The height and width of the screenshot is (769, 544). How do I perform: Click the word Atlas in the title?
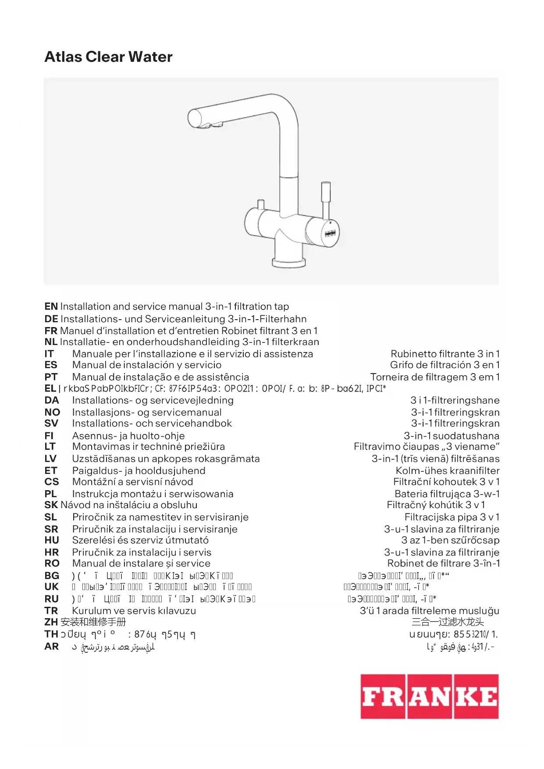pyautogui.click(x=63, y=57)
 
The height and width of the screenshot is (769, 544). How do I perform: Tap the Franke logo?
pyautogui.click(x=429, y=696)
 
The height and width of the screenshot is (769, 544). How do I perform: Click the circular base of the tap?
pyautogui.click(x=288, y=263)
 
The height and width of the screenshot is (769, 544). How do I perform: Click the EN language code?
pyautogui.click(x=51, y=306)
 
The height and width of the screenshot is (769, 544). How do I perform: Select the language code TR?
pyautogui.click(x=51, y=611)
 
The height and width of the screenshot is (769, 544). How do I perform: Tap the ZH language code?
pyautogui.click(x=51, y=622)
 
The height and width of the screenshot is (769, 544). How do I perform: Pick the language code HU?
pyautogui.click(x=52, y=540)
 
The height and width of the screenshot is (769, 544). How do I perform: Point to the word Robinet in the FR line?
pyautogui.click(x=238, y=331)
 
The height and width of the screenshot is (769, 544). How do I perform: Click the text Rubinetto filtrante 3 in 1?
pyautogui.click(x=445, y=354)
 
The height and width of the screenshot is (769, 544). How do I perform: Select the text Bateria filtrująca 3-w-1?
pyautogui.click(x=447, y=494)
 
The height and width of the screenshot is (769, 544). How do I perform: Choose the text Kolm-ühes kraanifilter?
pyautogui.click(x=447, y=470)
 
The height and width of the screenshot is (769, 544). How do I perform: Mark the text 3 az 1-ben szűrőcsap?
pyautogui.click(x=450, y=540)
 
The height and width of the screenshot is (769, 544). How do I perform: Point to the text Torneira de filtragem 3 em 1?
pyautogui.click(x=434, y=377)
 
